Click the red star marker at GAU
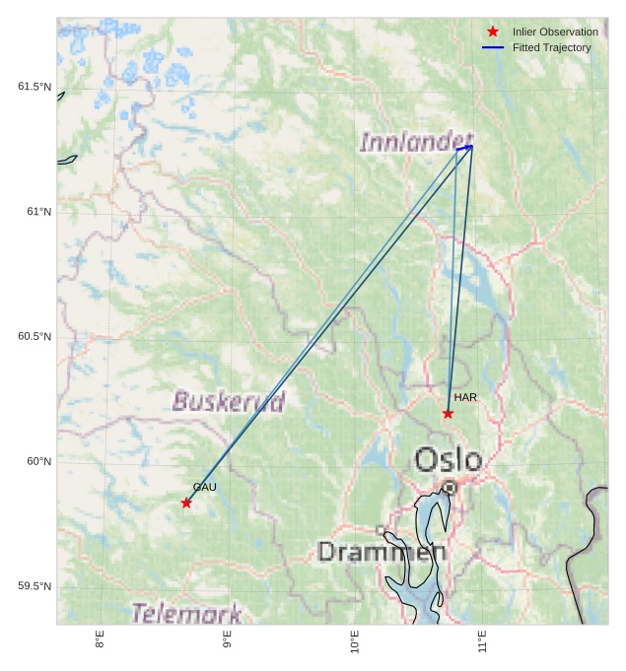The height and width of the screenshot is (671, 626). click(x=186, y=503)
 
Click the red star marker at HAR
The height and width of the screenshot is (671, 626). click(x=448, y=413)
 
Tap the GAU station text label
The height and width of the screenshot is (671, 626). click(x=204, y=487)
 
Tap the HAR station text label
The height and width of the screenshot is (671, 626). click(x=465, y=397)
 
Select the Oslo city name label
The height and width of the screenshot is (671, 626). click(x=449, y=459)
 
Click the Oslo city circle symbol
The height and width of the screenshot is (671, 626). click(x=450, y=487)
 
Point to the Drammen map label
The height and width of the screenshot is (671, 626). click(x=382, y=552)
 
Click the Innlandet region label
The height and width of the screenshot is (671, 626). click(x=416, y=142)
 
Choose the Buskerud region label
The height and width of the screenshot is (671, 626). click(x=229, y=401)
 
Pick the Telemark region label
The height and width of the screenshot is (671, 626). click(x=185, y=613)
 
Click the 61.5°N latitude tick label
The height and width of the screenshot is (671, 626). click(x=35, y=87)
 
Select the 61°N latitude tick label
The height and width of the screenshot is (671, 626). click(x=38, y=212)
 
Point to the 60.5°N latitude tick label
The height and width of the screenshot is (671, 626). click(x=35, y=337)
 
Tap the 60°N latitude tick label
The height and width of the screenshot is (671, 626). click(x=38, y=461)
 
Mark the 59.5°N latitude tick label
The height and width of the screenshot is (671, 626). click(x=35, y=586)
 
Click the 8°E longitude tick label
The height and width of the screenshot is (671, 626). click(x=100, y=641)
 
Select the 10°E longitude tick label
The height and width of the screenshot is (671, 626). click(x=355, y=643)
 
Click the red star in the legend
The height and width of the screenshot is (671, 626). click(x=493, y=32)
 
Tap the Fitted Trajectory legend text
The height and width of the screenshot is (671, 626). click(x=551, y=47)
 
